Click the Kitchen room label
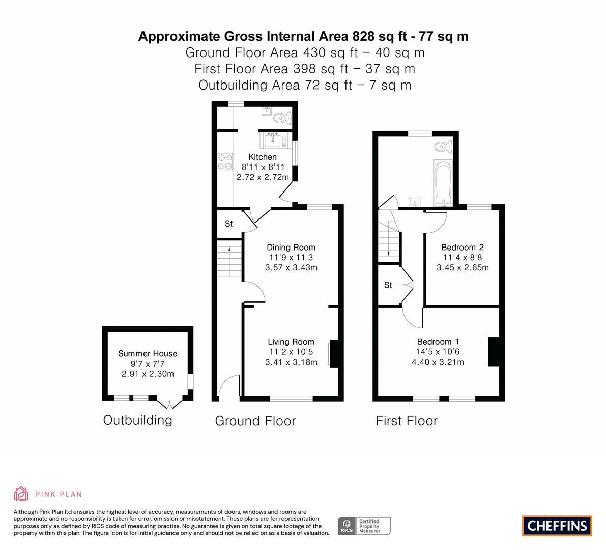click(x=263, y=157)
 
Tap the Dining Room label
click(x=291, y=248)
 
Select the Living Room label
click(x=291, y=342)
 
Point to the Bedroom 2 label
click(x=463, y=248)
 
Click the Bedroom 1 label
click(x=438, y=342)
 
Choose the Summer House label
click(x=148, y=353)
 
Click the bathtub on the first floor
click(x=443, y=182)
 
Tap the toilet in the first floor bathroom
click(x=443, y=147)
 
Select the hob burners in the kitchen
click(x=225, y=161)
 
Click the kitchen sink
click(x=274, y=141)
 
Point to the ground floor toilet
click(x=282, y=117)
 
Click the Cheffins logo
click(x=557, y=526)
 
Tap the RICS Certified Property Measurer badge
click(x=364, y=526)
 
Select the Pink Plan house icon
click(x=21, y=494)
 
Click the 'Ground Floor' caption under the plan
click(x=255, y=421)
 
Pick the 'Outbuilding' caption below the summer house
click(x=137, y=420)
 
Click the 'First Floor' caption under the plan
click(x=407, y=421)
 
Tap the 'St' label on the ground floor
click(x=229, y=224)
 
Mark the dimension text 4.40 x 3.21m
click(x=438, y=362)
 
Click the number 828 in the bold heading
click(x=363, y=36)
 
